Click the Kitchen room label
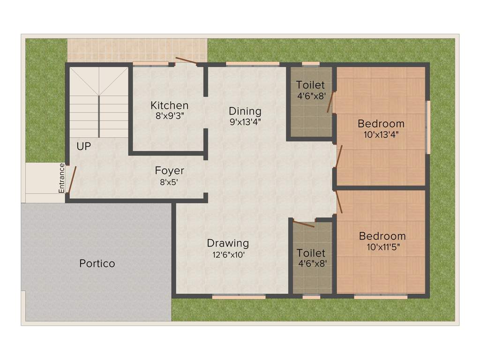coord(169,105)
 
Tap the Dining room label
coord(245,111)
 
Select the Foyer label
coord(169,171)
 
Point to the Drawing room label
coord(228,243)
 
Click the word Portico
coord(97,263)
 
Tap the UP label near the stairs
coord(84,146)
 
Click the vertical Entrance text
coord(61,178)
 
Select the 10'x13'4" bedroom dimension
coord(381,134)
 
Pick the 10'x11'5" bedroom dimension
coord(382,246)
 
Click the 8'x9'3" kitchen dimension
coord(169,116)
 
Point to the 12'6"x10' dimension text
coord(228,255)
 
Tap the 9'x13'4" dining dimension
coord(245,121)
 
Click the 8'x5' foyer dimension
coord(169,181)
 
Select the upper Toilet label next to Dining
coord(310,85)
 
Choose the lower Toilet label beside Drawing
coord(311,253)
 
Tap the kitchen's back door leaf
coord(186,60)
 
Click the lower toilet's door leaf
coord(303,223)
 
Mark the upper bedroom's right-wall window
coord(427,127)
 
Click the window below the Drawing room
coord(239,296)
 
